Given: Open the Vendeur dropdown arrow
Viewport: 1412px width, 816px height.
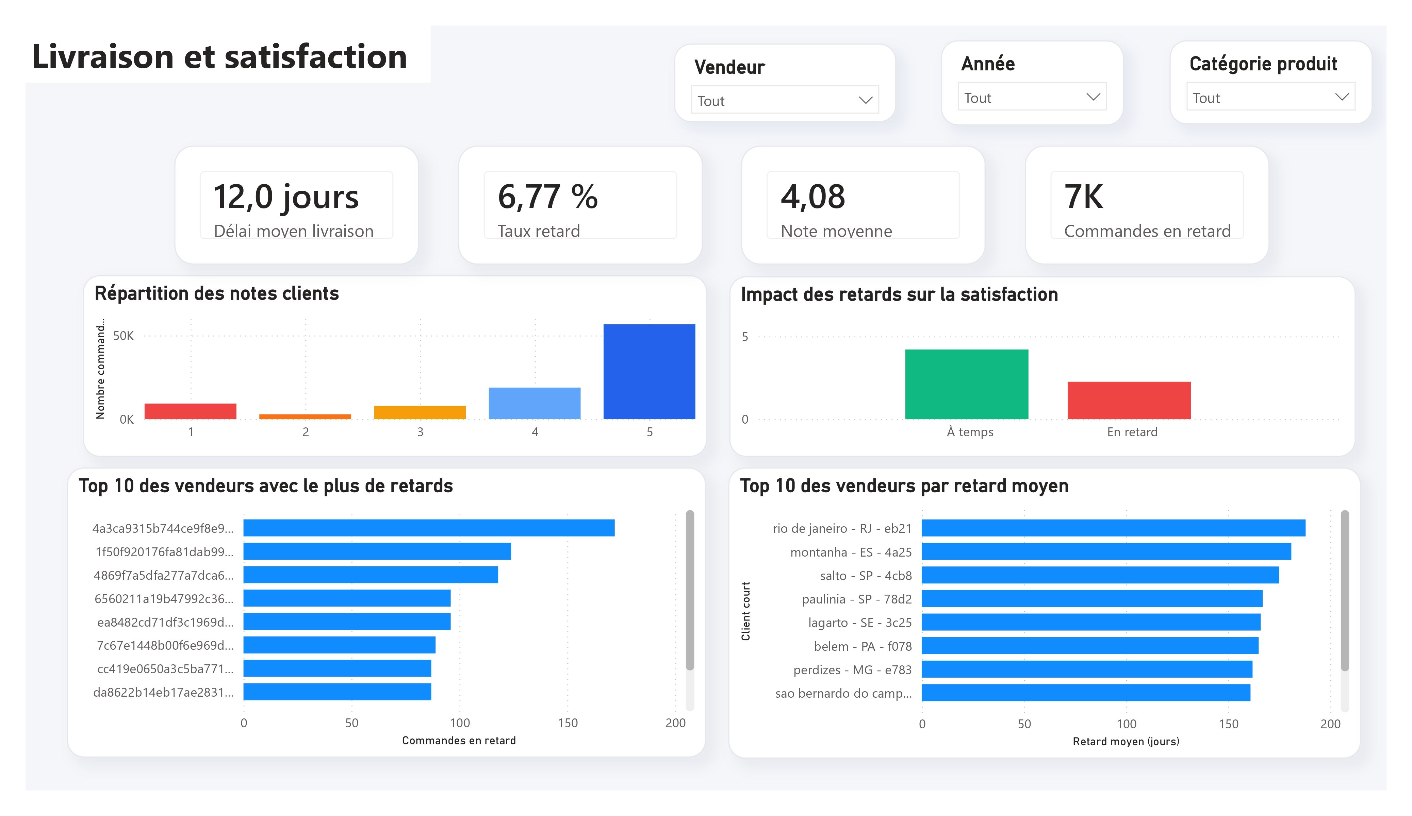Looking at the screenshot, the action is coord(865,100).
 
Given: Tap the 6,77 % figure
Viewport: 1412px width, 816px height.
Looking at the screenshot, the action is coord(547,197).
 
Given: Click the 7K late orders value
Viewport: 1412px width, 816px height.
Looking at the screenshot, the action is coord(1084,197).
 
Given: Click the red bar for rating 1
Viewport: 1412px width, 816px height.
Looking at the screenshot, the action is coord(191,411).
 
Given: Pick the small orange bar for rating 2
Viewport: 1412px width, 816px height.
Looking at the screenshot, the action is coord(306,417).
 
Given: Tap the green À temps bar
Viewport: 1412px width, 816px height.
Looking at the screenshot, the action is coord(967,384).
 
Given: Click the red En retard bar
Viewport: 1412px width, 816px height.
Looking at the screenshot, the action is coord(1129,401).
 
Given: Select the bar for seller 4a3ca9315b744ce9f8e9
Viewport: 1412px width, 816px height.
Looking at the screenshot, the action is coord(429,528).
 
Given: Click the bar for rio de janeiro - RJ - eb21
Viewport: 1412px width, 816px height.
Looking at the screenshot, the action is coord(1113,528).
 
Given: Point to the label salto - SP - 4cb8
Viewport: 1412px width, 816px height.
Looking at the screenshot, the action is coord(866,576).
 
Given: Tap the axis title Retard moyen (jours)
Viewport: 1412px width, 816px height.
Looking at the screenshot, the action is coord(1126,742).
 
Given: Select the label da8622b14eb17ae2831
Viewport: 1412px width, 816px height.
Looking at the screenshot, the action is coord(163,692).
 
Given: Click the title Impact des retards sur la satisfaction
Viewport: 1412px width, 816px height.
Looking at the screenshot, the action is coord(899,294).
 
